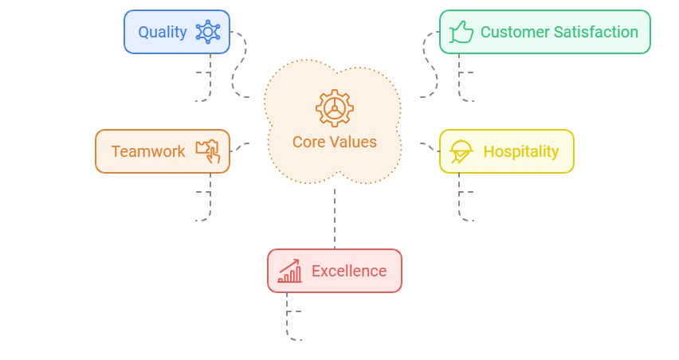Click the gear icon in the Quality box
tap(208, 32)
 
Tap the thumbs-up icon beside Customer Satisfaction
tap(461, 32)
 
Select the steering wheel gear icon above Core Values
tap(334, 108)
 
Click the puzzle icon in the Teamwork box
tap(208, 151)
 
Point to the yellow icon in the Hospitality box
tap(461, 151)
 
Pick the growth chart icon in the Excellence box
tap(289, 271)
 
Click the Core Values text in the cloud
tap(334, 143)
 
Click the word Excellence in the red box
tap(349, 271)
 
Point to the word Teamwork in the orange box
tap(148, 151)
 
